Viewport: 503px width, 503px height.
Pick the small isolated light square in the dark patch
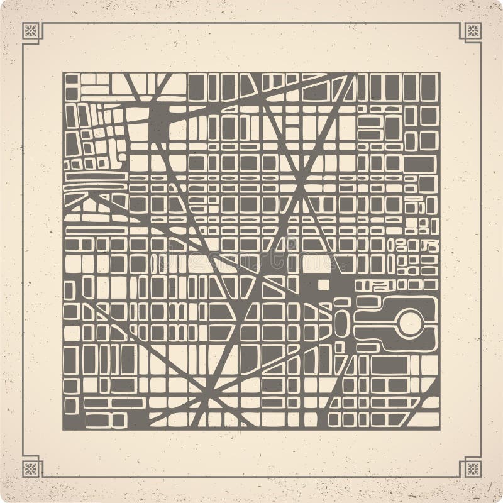(323, 285)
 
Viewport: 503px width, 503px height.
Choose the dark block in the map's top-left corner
(72, 79)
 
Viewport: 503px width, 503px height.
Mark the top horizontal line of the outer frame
(251, 23)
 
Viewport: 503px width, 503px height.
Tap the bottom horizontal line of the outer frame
(251, 477)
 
